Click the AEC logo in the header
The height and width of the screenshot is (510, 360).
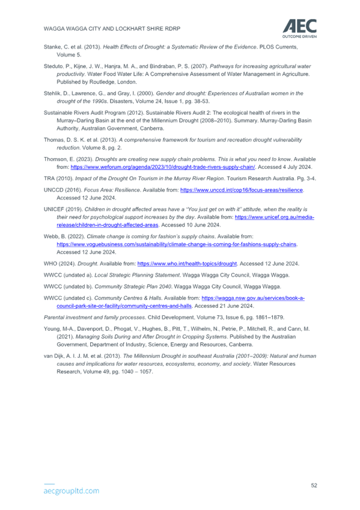[299, 28]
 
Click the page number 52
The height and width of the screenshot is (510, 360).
[314, 485]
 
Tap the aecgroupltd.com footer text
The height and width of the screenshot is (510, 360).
[71, 491]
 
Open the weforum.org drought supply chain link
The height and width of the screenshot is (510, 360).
[163, 167]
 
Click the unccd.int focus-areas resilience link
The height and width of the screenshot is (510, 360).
[242, 190]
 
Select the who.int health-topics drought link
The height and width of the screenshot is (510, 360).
[187, 264]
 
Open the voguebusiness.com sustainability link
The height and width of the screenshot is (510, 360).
[177, 244]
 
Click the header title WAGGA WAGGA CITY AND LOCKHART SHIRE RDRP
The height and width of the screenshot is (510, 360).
[112, 29]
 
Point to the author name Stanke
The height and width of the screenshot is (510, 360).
[51, 47]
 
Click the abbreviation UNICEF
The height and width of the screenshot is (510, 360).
[53, 209]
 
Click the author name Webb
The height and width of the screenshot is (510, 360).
[50, 236]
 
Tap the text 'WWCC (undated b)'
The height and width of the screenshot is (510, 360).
[67, 286]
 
